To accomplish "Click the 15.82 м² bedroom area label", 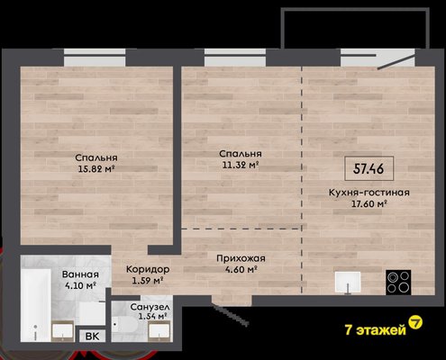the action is (x=96, y=169).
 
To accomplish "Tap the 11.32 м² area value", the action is (x=241, y=165).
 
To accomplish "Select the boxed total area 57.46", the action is (x=369, y=168).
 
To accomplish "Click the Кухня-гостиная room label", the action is (x=369, y=192).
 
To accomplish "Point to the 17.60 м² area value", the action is (x=369, y=204).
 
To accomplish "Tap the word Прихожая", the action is (x=241, y=258).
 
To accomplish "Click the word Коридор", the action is (x=148, y=269).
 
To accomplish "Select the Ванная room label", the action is (x=80, y=274).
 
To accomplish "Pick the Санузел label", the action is (x=150, y=307).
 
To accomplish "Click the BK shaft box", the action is (x=92, y=336).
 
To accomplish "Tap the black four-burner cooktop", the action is (x=398, y=282).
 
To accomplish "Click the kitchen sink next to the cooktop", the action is (x=348, y=282).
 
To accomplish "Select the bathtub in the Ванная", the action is (x=35, y=305).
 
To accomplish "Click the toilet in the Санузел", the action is (x=124, y=325).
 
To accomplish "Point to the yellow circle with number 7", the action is (x=416, y=322).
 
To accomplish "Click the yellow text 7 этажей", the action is (x=376, y=330).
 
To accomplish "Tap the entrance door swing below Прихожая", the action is (x=231, y=310).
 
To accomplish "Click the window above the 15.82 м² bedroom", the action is (x=95, y=58).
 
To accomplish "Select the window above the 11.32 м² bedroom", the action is (x=235, y=58).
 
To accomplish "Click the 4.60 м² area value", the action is (x=241, y=269).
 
